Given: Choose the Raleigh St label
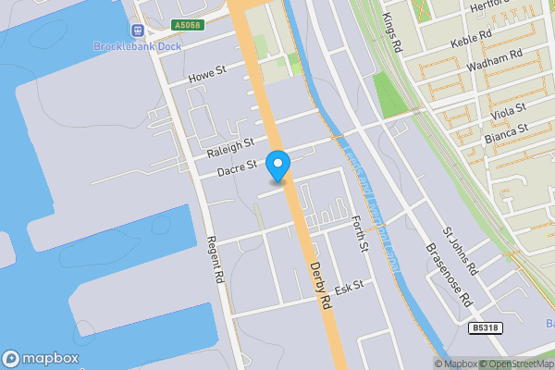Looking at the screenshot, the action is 230,148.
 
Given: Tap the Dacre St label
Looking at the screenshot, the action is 236,171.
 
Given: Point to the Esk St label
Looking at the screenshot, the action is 349,290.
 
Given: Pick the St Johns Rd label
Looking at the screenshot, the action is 459,251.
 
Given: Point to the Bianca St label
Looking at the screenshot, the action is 505,135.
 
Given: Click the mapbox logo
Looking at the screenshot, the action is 40,359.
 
